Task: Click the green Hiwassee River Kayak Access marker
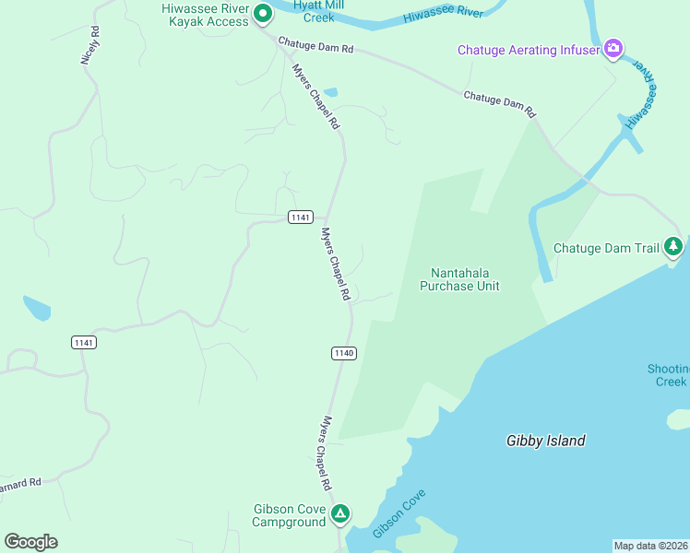pyautogui.click(x=262, y=14)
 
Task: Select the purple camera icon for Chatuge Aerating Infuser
pyautogui.click(x=613, y=48)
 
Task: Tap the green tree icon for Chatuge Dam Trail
pyautogui.click(x=674, y=246)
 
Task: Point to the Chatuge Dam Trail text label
pyautogui.click(x=606, y=248)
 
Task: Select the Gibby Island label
pyautogui.click(x=545, y=441)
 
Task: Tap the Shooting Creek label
pyautogui.click(x=668, y=375)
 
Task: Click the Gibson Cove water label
pyautogui.click(x=399, y=513)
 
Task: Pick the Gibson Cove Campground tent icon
pyautogui.click(x=340, y=513)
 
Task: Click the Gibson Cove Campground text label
pyautogui.click(x=289, y=515)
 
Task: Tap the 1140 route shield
pyautogui.click(x=343, y=353)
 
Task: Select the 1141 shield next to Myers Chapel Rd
pyautogui.click(x=299, y=217)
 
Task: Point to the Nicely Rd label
pyautogui.click(x=89, y=45)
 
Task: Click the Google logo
pyautogui.click(x=30, y=541)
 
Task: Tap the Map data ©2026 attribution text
pyautogui.click(x=650, y=545)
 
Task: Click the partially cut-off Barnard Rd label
pyautogui.click(x=20, y=483)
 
